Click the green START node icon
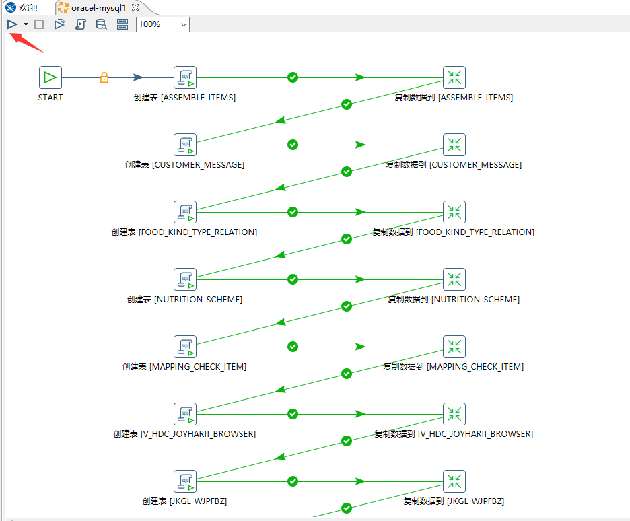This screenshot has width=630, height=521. pyautogui.click(x=50, y=77)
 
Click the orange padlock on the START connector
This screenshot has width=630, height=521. pyautogui.click(x=104, y=77)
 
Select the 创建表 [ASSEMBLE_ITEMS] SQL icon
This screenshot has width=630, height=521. pyautogui.click(x=185, y=77)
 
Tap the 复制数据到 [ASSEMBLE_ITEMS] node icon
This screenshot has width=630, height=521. pyautogui.click(x=454, y=77)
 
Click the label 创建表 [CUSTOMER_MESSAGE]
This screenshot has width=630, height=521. pyautogui.click(x=184, y=165)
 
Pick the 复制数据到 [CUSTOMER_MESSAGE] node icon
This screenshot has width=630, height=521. pyautogui.click(x=454, y=145)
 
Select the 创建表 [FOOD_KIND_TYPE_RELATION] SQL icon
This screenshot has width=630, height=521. pyautogui.click(x=185, y=212)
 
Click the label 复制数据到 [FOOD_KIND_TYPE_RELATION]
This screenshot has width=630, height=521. pyautogui.click(x=454, y=232)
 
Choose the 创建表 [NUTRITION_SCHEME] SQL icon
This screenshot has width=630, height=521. pyautogui.click(x=185, y=279)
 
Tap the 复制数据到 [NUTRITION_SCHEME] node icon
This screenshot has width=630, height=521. pyautogui.click(x=454, y=279)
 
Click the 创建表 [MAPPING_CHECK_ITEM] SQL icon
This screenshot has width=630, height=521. pyautogui.click(x=185, y=347)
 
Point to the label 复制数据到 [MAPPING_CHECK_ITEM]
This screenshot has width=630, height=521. pyautogui.click(x=454, y=367)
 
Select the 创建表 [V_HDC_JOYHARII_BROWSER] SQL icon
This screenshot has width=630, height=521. pyautogui.click(x=185, y=414)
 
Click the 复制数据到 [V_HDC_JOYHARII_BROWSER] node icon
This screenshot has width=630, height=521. pyautogui.click(x=454, y=414)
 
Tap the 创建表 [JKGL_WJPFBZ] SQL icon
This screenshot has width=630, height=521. pyautogui.click(x=185, y=481)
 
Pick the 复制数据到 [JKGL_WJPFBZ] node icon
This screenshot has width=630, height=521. pyautogui.click(x=454, y=481)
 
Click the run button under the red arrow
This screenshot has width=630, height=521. pyautogui.click(x=12, y=24)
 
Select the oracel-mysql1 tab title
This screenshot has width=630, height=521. pyautogui.click(x=98, y=7)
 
